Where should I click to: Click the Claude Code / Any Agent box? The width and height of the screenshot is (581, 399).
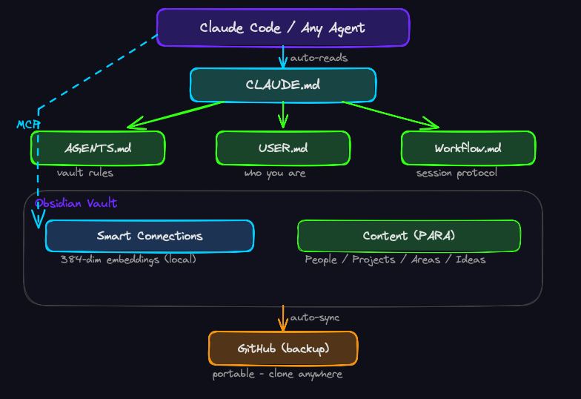coord(282,28)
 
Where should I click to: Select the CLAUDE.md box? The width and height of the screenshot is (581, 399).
coord(282,85)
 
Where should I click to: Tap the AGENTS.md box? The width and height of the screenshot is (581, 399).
coord(97,148)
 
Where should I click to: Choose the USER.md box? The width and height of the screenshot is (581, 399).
coord(282,148)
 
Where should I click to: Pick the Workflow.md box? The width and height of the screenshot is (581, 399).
coord(468,148)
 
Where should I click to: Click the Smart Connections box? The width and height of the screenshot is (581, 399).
coord(149,236)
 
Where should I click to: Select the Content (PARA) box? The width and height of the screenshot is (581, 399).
coord(408,236)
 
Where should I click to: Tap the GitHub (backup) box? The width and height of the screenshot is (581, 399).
coord(282,349)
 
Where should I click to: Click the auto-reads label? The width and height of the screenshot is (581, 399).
coord(319,58)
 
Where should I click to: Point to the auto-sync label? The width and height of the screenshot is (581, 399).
coord(314,317)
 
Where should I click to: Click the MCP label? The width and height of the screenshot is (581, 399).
coord(28,124)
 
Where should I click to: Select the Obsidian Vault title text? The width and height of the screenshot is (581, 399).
coord(76,203)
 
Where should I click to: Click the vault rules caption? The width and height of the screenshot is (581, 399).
coord(85,173)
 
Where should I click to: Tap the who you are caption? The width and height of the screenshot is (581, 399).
coord(275,174)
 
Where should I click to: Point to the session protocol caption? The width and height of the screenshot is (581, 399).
coord(456,173)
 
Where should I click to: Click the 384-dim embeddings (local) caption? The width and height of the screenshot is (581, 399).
coord(128,260)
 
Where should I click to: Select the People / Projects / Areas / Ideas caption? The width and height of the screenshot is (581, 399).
coord(395,260)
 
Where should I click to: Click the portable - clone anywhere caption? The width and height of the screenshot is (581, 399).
coord(277,374)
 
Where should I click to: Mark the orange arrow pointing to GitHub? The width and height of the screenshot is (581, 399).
coord(282,317)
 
